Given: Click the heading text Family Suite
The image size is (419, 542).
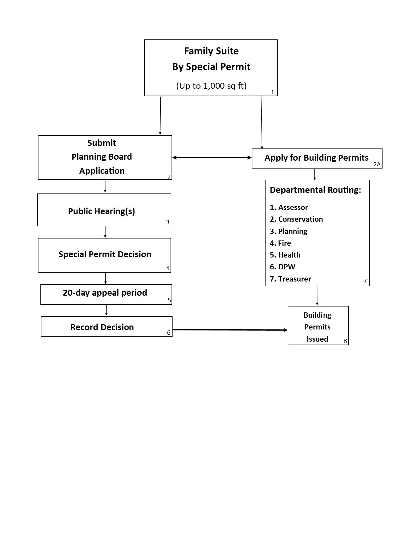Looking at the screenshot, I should (x=211, y=51).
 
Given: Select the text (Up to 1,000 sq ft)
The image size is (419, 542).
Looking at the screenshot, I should (x=211, y=86).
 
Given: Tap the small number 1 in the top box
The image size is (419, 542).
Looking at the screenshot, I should (x=272, y=92).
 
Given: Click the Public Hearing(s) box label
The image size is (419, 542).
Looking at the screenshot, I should (x=102, y=211).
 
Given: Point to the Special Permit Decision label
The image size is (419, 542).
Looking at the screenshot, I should (x=105, y=254).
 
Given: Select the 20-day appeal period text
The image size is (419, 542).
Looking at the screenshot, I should (x=105, y=293).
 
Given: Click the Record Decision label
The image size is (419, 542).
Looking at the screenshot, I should (x=102, y=327).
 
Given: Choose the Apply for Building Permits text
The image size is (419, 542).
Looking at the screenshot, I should (x=316, y=158).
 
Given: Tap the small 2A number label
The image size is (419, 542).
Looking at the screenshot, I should (x=377, y=164).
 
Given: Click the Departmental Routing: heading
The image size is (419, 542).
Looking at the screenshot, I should (x=315, y=190).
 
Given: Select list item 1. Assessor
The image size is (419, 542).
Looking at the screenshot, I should (x=289, y=207).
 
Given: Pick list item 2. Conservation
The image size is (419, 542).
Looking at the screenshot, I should (x=296, y=219).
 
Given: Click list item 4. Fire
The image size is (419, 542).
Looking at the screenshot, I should (x=280, y=243).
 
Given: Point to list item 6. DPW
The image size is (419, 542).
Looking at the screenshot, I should (x=283, y=267).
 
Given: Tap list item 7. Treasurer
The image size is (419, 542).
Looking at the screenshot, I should (x=291, y=279).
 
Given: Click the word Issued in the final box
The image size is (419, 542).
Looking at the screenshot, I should (x=317, y=339).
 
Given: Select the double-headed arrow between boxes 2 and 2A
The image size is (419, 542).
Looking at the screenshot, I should (x=212, y=158).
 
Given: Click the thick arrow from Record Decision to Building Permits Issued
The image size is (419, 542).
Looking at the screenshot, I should (x=230, y=329).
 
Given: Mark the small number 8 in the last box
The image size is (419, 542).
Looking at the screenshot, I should (x=345, y=341).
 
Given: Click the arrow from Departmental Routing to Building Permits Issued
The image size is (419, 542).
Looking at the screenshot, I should (x=317, y=296).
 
